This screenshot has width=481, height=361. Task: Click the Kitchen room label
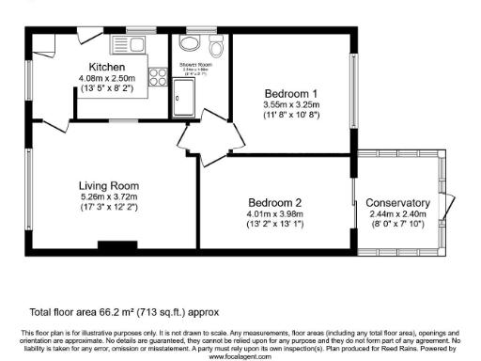point(108,67)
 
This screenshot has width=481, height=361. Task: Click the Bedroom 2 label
point(274,203)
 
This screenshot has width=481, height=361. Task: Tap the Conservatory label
point(397,203)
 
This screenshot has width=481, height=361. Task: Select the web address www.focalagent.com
point(240,357)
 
